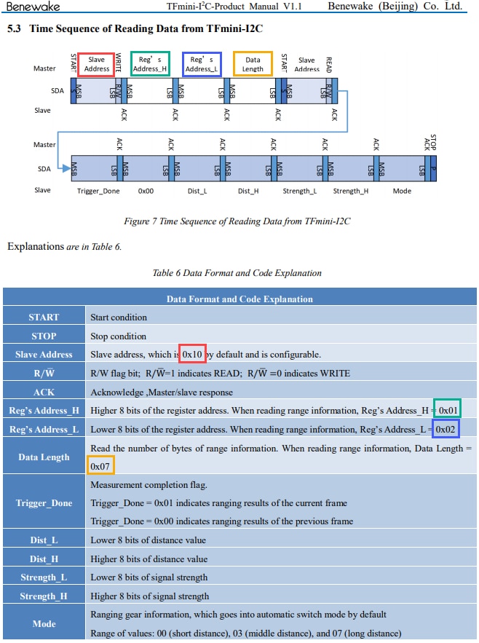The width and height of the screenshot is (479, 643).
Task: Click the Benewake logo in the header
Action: click(x=33, y=7)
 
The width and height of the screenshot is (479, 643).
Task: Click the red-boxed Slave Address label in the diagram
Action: click(x=96, y=64)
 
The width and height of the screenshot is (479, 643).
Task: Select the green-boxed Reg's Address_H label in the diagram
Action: click(x=150, y=64)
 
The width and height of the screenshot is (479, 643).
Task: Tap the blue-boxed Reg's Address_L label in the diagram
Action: click(x=202, y=64)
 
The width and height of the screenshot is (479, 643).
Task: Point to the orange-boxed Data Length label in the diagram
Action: click(x=253, y=64)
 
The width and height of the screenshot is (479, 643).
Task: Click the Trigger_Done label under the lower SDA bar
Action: click(x=98, y=191)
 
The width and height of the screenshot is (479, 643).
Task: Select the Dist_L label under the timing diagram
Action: click(x=197, y=191)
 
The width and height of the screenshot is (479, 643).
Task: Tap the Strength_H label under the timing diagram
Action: click(x=351, y=191)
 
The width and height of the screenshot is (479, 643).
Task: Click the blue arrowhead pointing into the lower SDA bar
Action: click(x=66, y=168)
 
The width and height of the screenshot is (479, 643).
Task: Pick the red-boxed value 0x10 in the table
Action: click(x=192, y=354)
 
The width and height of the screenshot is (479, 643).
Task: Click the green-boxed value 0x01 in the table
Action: click(x=448, y=410)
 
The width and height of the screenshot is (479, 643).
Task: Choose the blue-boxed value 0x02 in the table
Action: click(x=445, y=429)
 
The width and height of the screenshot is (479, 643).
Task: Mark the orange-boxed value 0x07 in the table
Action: click(x=100, y=466)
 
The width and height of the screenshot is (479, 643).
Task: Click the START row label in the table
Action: click(x=44, y=317)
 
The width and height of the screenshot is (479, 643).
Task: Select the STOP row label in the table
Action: click(x=44, y=336)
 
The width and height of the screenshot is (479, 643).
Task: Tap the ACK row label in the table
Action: click(x=44, y=392)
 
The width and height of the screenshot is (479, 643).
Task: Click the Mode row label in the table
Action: click(x=44, y=624)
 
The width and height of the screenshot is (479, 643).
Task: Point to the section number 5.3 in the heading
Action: click(x=14, y=28)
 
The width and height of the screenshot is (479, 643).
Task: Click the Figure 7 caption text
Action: click(x=237, y=221)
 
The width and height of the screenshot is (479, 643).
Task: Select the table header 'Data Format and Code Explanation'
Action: click(x=239, y=299)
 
